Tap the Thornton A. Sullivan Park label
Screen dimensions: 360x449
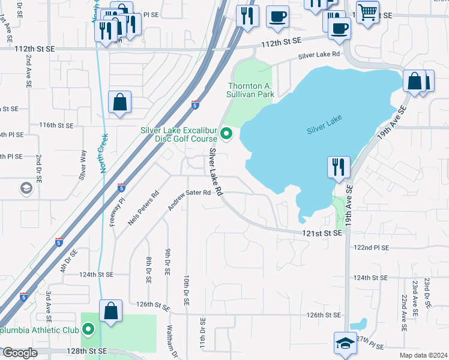(x=250, y=90)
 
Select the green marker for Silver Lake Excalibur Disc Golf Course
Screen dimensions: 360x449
(x=226, y=133)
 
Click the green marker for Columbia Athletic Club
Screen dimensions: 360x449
(x=89, y=329)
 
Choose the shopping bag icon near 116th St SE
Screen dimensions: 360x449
(x=120, y=102)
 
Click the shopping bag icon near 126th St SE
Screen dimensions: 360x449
(x=110, y=311)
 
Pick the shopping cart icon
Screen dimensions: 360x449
(x=367, y=11)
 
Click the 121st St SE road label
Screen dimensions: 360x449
(x=321, y=232)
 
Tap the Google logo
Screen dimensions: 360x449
(x=20, y=353)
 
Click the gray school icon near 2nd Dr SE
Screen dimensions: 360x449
(x=26, y=188)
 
